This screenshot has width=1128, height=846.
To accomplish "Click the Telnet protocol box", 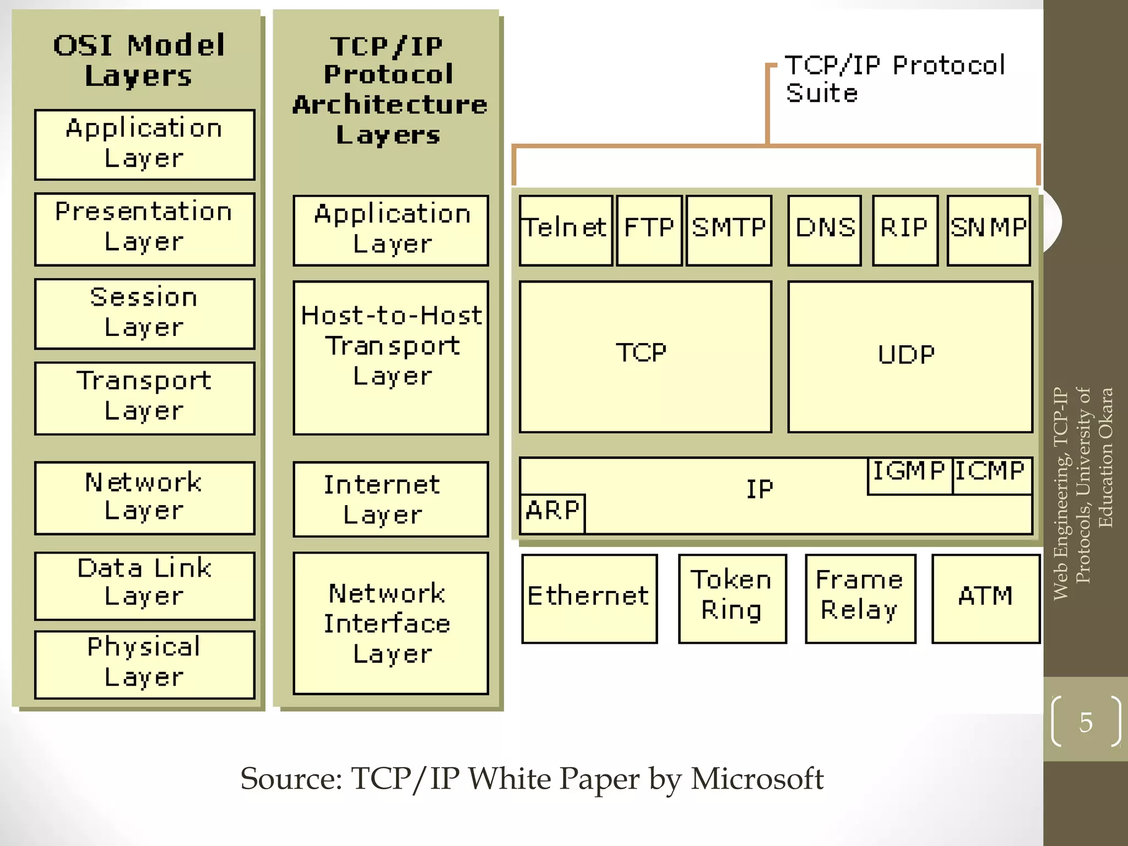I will pyautogui.click(x=566, y=230).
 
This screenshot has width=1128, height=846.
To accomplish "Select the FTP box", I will pyautogui.click(x=649, y=230).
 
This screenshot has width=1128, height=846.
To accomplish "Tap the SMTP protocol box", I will pyautogui.click(x=729, y=230).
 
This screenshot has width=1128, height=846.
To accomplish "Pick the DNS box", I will pyautogui.click(x=825, y=230).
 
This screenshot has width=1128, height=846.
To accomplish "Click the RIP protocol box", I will pyautogui.click(x=905, y=230).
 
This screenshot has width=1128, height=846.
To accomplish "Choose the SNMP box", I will pyautogui.click(x=989, y=230).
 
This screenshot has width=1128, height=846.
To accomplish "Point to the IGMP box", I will pyautogui.click(x=909, y=475).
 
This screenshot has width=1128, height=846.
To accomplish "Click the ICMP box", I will pyautogui.click(x=991, y=475).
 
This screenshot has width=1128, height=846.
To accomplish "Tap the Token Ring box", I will pyautogui.click(x=732, y=598).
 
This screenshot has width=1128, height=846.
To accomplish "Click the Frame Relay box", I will pyautogui.click(x=860, y=598).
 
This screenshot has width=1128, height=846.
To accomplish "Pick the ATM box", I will pyautogui.click(x=985, y=598).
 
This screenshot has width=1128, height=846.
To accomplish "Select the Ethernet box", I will pyautogui.click(x=589, y=598).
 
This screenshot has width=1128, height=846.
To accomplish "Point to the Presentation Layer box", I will pyautogui.click(x=144, y=229).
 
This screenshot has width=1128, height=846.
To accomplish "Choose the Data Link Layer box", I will pyautogui.click(x=144, y=585).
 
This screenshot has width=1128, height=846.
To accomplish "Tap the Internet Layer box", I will pyautogui.click(x=391, y=499).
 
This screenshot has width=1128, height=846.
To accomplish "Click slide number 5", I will pyautogui.click(x=1086, y=722).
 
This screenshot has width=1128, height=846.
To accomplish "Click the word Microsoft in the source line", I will pyautogui.click(x=757, y=779).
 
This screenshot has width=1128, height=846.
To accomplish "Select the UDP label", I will pyautogui.click(x=906, y=355).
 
